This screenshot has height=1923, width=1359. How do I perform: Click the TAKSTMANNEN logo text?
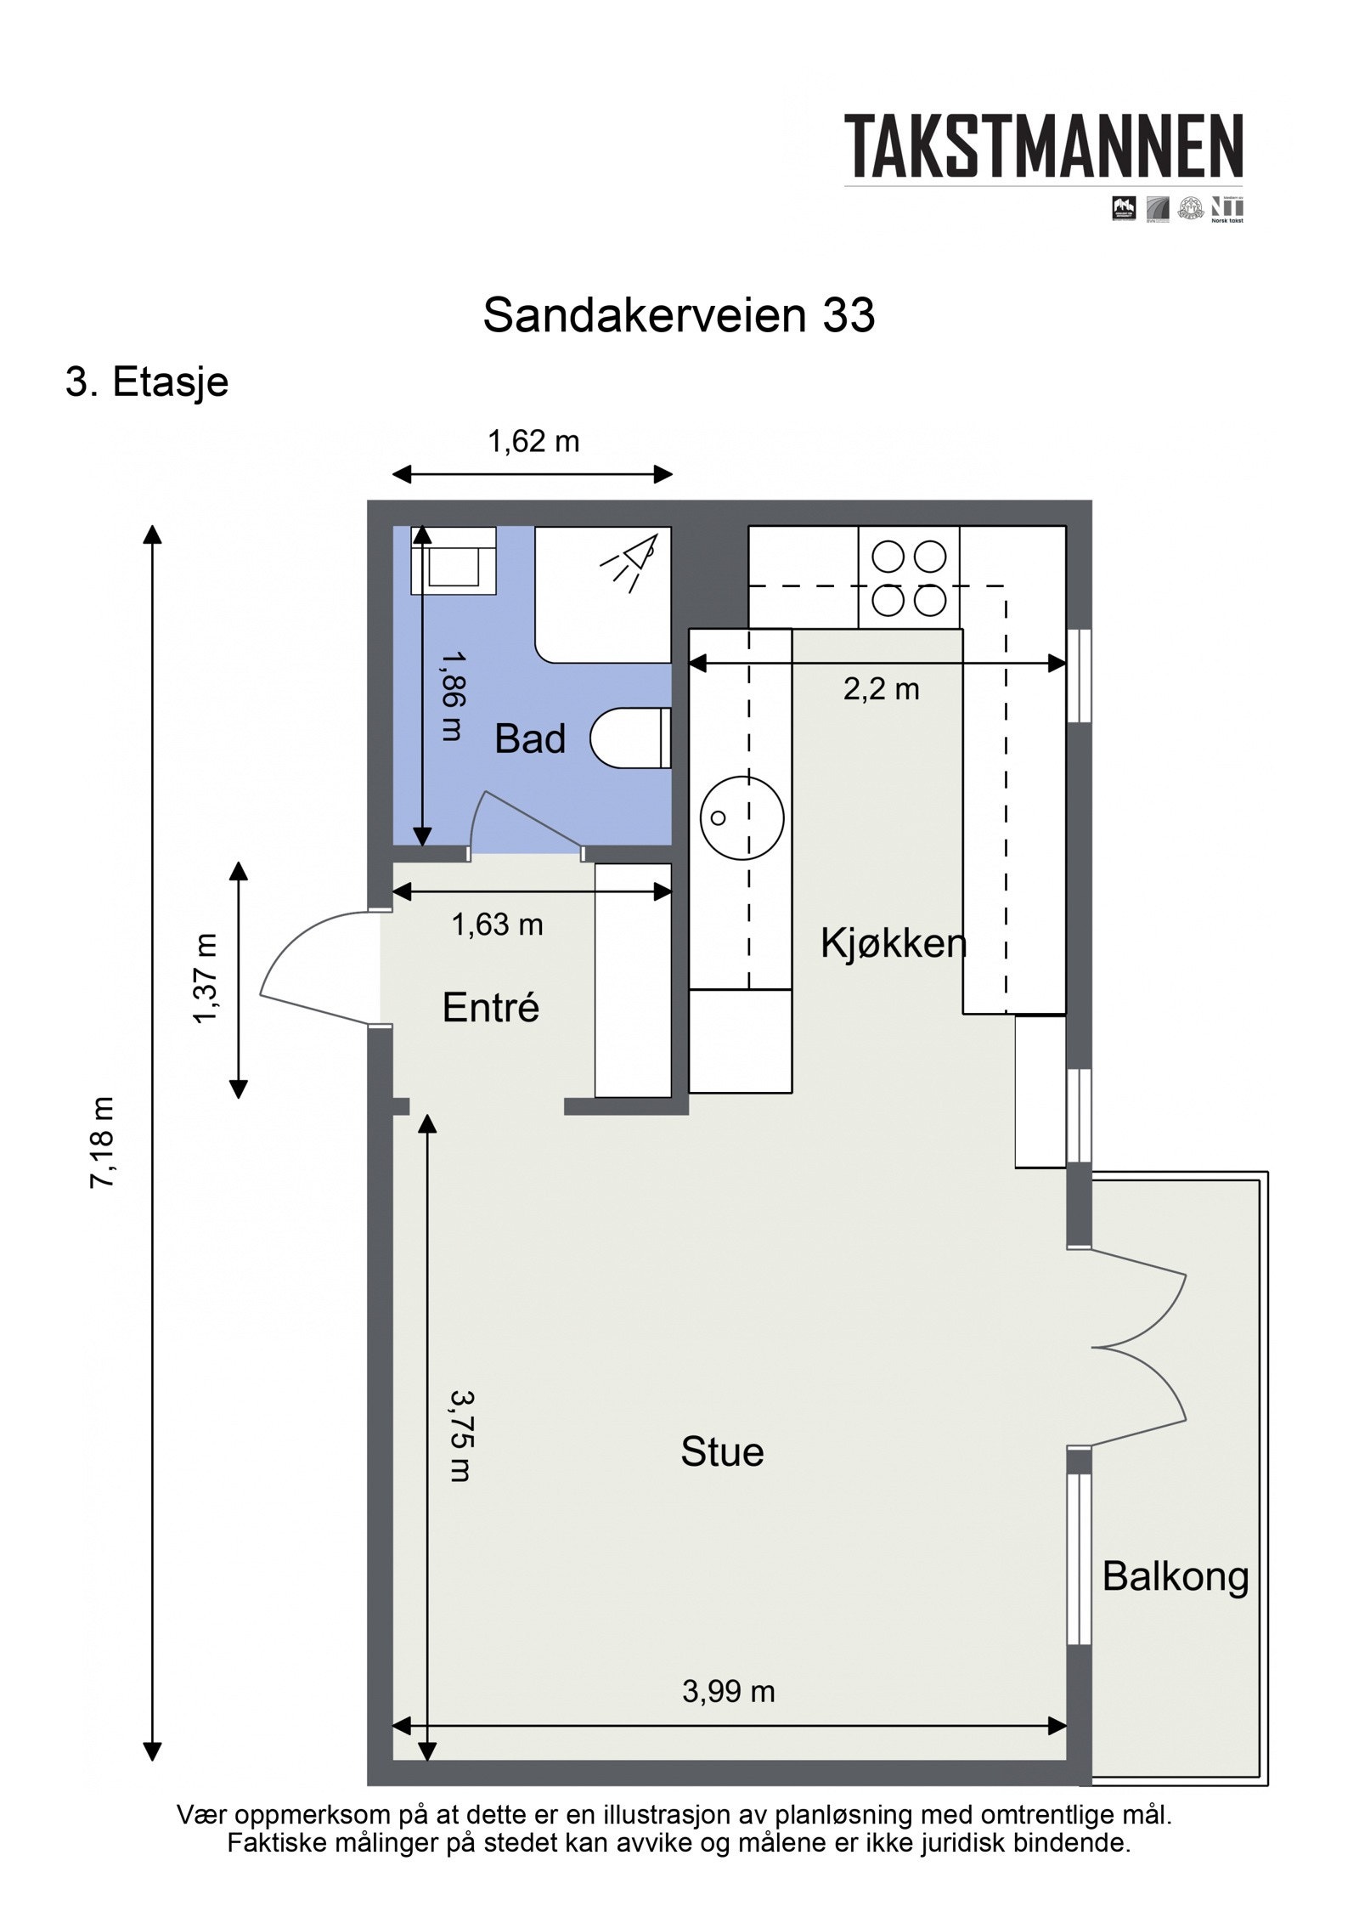coord(1043,147)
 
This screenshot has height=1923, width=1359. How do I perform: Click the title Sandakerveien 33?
coord(678,315)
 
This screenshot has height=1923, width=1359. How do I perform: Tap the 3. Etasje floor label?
coord(147,382)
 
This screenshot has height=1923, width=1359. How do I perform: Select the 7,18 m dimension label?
coord(101,1142)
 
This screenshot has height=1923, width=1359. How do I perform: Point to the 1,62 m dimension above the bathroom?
coord(533,442)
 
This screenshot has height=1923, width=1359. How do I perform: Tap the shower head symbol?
coord(630,560)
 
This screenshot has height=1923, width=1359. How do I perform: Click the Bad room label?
coord(529,738)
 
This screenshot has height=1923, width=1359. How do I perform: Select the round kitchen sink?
coord(741,817)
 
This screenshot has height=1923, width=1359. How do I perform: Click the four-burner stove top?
coord(908,578)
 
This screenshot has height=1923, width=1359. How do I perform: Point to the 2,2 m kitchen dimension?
coord(881,689)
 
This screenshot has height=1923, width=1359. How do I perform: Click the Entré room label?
coord(490,1008)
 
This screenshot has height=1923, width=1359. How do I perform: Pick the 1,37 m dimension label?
coord(206,978)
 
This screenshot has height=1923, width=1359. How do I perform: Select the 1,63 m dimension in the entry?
coord(497,925)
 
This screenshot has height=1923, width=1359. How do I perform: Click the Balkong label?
coord(1175,1577)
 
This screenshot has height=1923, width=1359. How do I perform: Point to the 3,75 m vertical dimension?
coord(460,1435)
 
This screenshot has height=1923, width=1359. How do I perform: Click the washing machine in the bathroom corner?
coord(454,561)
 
